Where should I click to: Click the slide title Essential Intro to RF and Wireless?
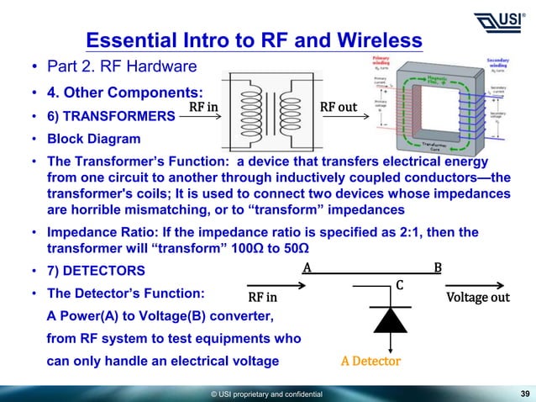click(254, 40)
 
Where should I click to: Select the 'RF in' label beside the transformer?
click(202, 108)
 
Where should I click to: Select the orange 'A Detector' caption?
click(370, 362)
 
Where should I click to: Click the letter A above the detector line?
click(307, 268)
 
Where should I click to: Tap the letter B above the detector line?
click(437, 268)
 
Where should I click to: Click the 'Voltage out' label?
click(478, 298)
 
